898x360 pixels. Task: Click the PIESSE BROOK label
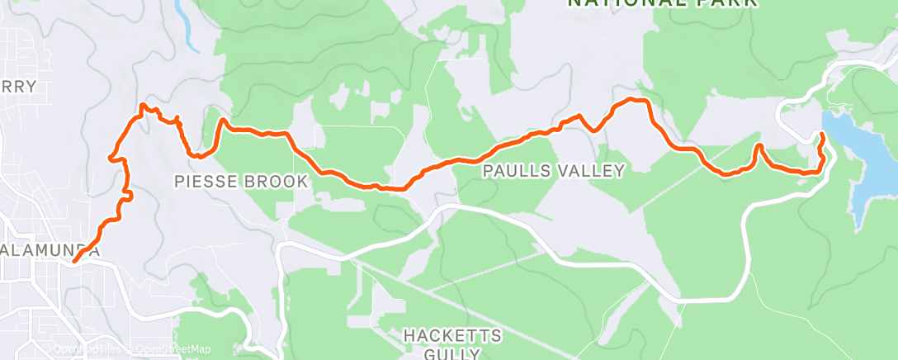pyautogui.click(x=241, y=181)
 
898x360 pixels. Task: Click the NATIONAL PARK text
pyautogui.click(x=663, y=3)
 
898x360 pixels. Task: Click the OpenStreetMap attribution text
pyautogui.click(x=173, y=349)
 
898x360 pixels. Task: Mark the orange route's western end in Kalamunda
pyautogui.click(x=74, y=261)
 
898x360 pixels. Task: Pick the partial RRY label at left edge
pyautogui.click(x=18, y=87)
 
